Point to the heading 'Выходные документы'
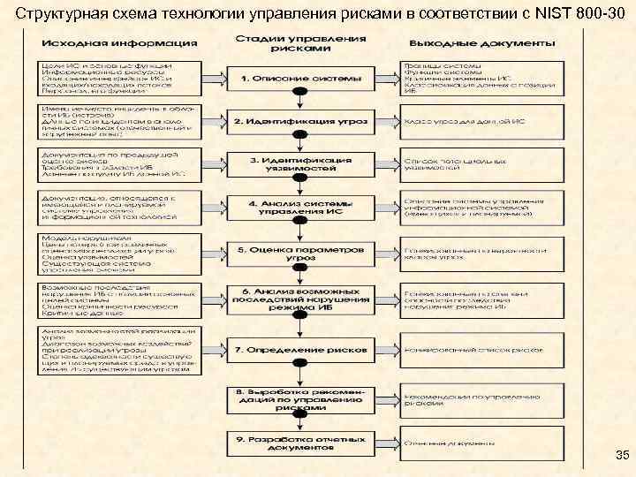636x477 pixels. coord(482,42)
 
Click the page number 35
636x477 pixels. coord(622,456)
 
